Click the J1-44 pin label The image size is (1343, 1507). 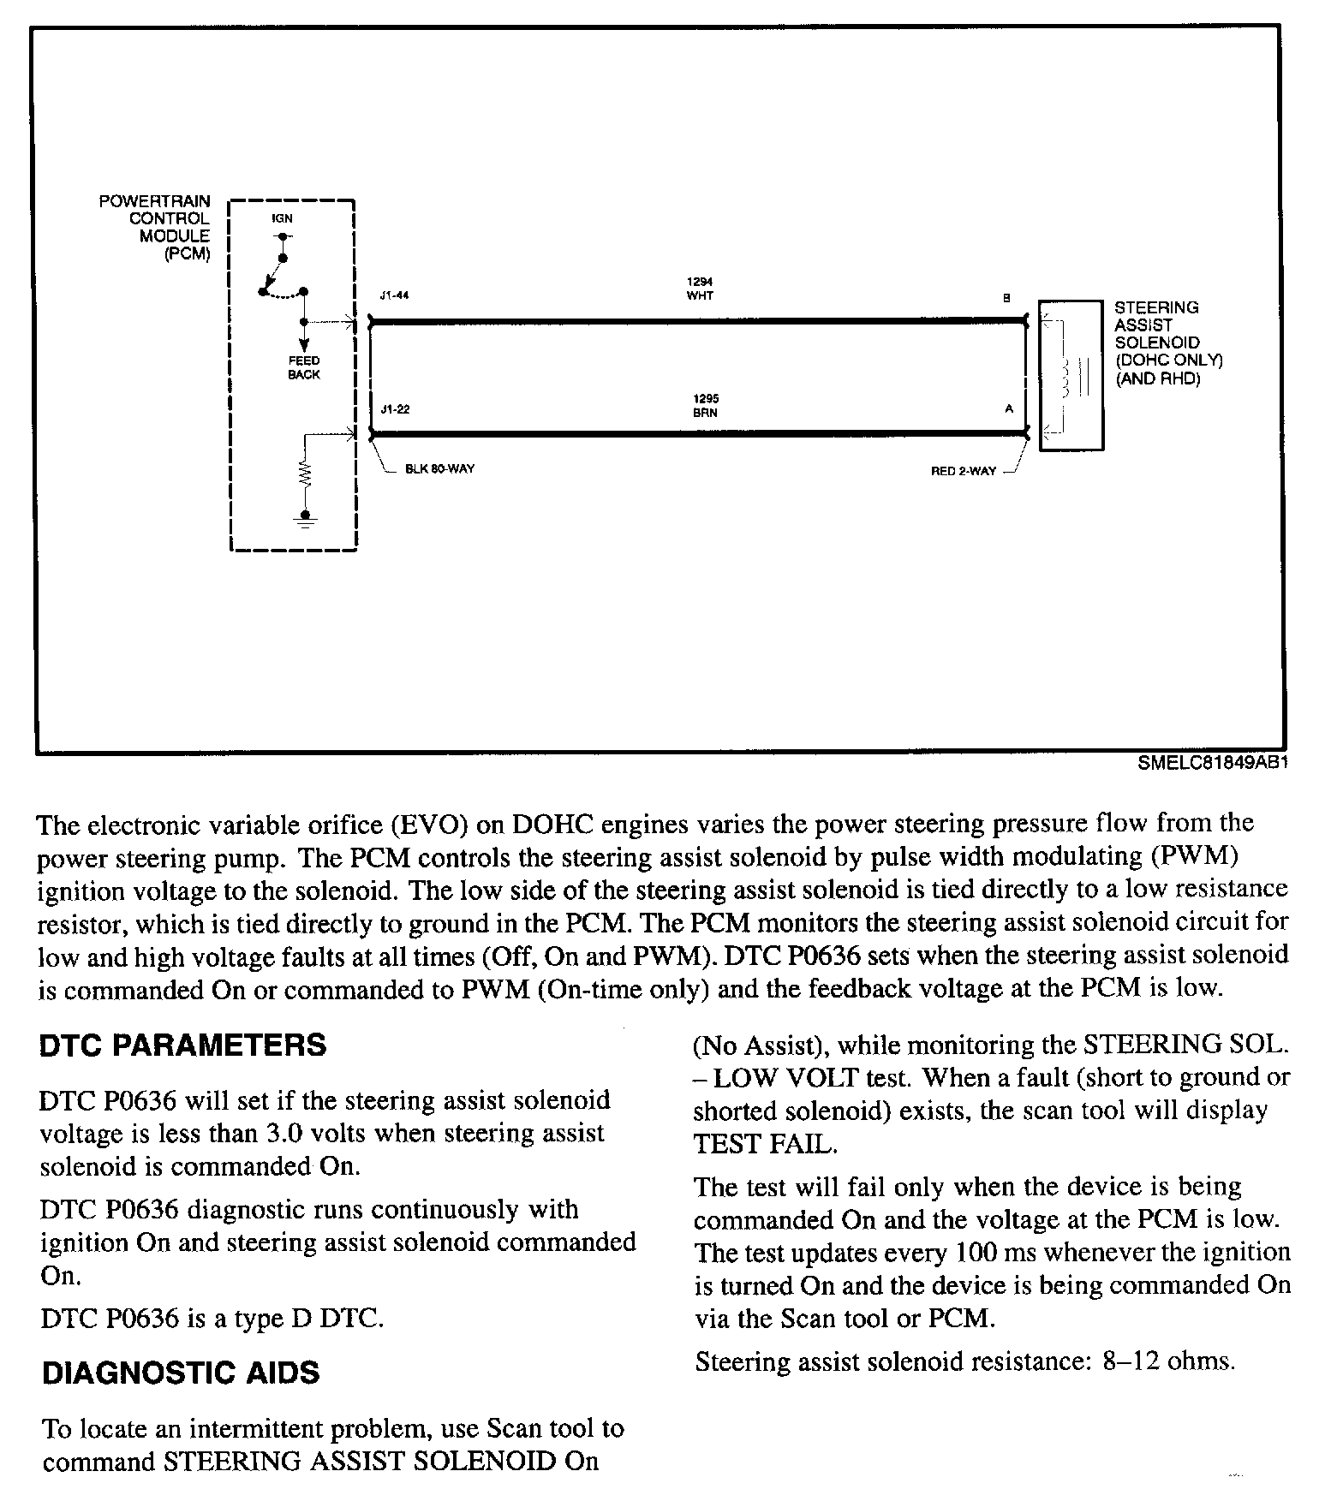pos(395,297)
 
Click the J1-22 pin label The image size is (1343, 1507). pos(395,409)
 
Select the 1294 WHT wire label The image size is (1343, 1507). pos(700,289)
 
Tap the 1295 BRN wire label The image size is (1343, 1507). pos(705,406)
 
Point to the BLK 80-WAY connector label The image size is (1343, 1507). pos(439,469)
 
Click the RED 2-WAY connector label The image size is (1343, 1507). pos(964,471)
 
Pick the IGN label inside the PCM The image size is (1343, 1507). pos(282,218)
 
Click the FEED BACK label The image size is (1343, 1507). pos(303,367)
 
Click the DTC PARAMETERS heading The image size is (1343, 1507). pos(182,1045)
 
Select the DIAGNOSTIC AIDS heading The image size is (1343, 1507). pos(181,1373)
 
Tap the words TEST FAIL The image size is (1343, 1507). pos(764,1144)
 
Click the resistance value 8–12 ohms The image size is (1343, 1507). pos(1169,1362)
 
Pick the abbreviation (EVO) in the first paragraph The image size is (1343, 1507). pos(430,825)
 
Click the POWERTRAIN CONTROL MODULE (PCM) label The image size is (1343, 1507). pos(156,227)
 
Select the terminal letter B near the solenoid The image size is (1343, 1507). pos(1006,298)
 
